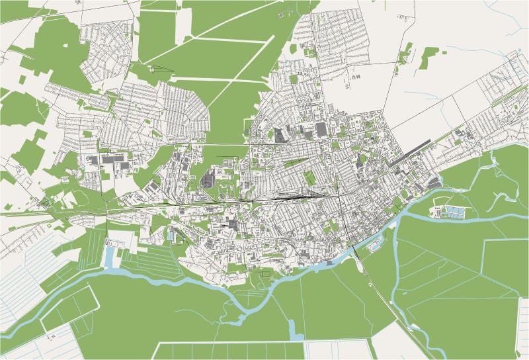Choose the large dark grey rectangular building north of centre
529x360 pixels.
(x=321, y=129)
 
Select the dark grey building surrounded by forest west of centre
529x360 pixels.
(x=209, y=179)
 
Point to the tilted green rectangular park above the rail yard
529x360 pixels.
(x=309, y=177)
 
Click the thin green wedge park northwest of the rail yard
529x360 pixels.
(x=294, y=163)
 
